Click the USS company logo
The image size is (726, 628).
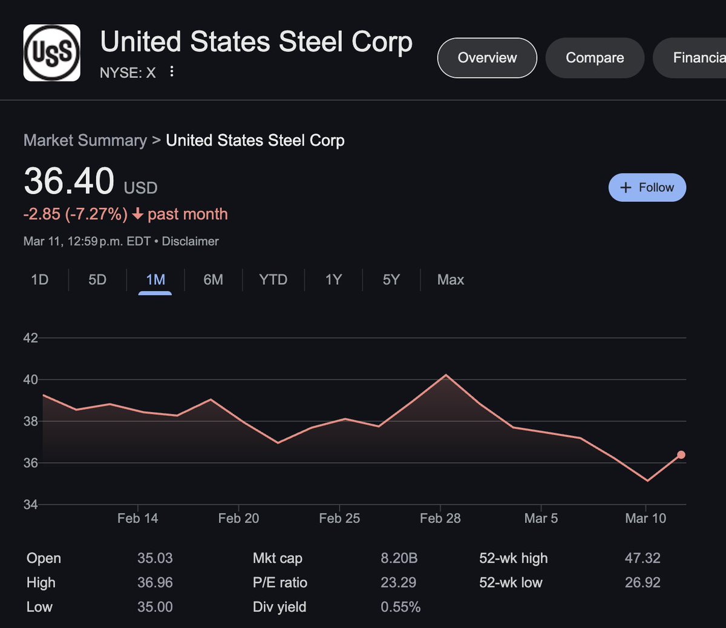tap(51, 53)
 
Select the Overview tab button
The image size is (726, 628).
tap(487, 58)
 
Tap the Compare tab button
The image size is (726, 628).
tap(595, 58)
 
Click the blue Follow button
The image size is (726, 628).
tap(647, 187)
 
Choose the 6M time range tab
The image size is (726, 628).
tap(213, 280)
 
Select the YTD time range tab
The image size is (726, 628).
tap(273, 280)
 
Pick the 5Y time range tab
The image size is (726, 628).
tap(391, 280)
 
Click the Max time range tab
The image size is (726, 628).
tap(451, 280)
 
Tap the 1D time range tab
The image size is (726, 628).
tap(40, 280)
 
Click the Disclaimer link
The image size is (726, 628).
tap(190, 241)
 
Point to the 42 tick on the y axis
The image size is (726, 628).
tap(30, 338)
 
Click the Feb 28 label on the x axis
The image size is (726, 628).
tap(440, 519)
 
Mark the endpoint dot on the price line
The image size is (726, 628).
tap(681, 455)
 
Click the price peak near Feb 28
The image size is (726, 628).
tap(446, 375)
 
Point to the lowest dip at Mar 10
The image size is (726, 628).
tap(647, 481)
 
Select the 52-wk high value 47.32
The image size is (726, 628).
tap(643, 558)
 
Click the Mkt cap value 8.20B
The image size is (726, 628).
tap(399, 558)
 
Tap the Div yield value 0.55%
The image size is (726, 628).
tap(401, 607)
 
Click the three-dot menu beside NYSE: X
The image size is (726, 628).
tap(172, 72)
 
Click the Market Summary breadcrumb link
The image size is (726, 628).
tap(85, 140)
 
